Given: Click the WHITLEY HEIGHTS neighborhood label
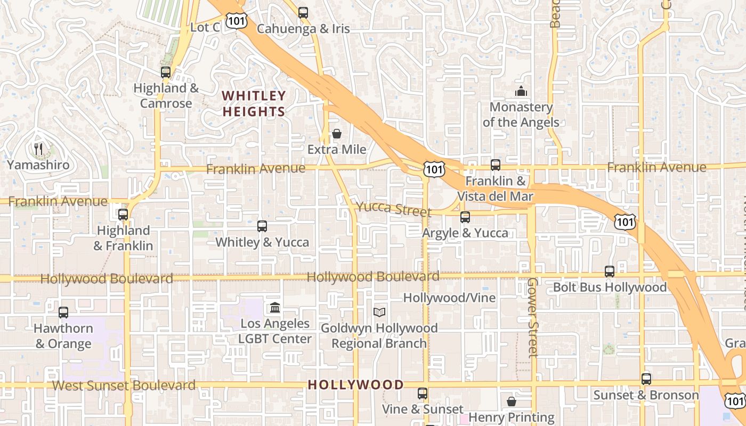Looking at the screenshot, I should (254, 104).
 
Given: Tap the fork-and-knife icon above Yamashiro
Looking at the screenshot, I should (38, 149).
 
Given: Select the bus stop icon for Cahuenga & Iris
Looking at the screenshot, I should (303, 13).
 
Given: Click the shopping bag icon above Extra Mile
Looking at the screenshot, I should (337, 134).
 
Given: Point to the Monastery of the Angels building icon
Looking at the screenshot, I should (521, 92).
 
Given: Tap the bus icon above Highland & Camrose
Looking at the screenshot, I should (166, 72).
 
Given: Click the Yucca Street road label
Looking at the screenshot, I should (393, 208).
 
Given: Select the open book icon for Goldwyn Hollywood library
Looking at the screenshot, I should (379, 312).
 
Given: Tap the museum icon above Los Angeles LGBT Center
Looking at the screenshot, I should (275, 307).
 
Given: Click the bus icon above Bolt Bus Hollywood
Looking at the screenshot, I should (610, 272).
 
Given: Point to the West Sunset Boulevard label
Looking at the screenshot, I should (124, 385).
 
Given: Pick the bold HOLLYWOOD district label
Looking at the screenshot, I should (355, 384).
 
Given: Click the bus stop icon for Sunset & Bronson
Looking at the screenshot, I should (646, 379).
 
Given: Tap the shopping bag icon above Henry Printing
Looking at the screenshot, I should (512, 402).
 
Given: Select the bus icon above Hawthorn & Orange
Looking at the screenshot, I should (63, 313).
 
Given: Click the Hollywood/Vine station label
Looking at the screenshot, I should (449, 298).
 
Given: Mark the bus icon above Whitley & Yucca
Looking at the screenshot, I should (262, 226).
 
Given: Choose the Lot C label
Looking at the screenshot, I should (205, 27).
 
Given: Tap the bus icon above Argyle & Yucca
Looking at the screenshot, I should (465, 217).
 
